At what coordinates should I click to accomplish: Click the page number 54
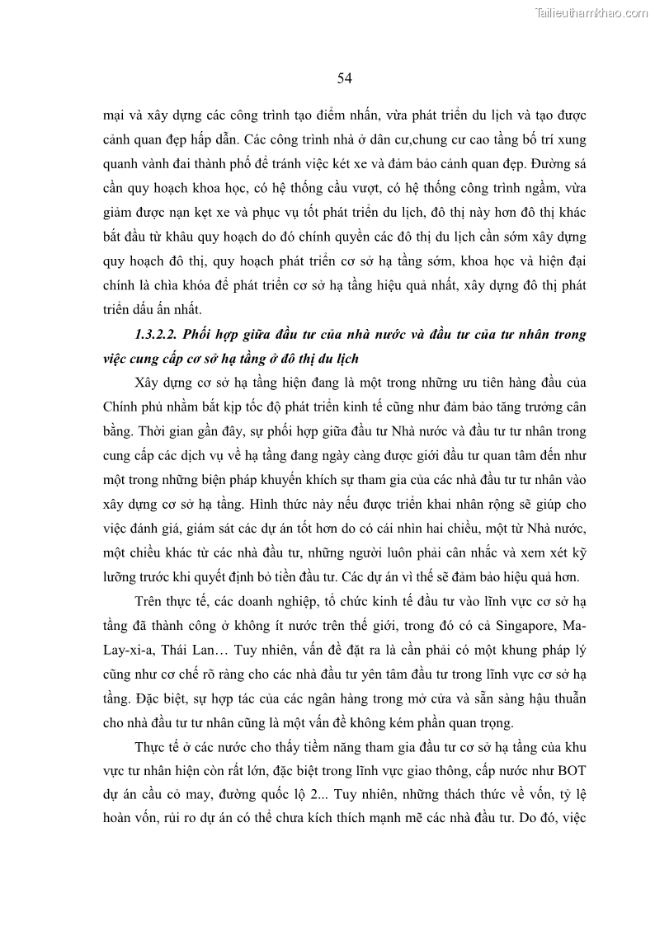(x=345, y=78)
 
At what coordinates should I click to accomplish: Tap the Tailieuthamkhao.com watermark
(x=592, y=12)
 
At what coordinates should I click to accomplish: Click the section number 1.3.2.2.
(x=154, y=334)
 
